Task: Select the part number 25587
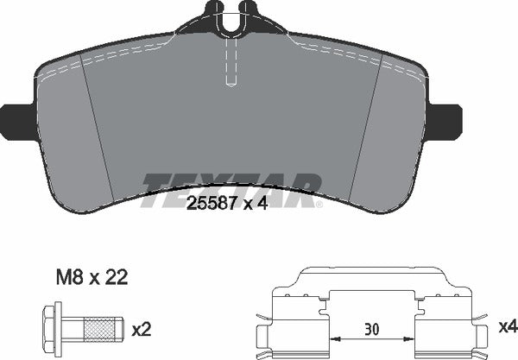[213, 204]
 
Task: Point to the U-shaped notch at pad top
[230, 22]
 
